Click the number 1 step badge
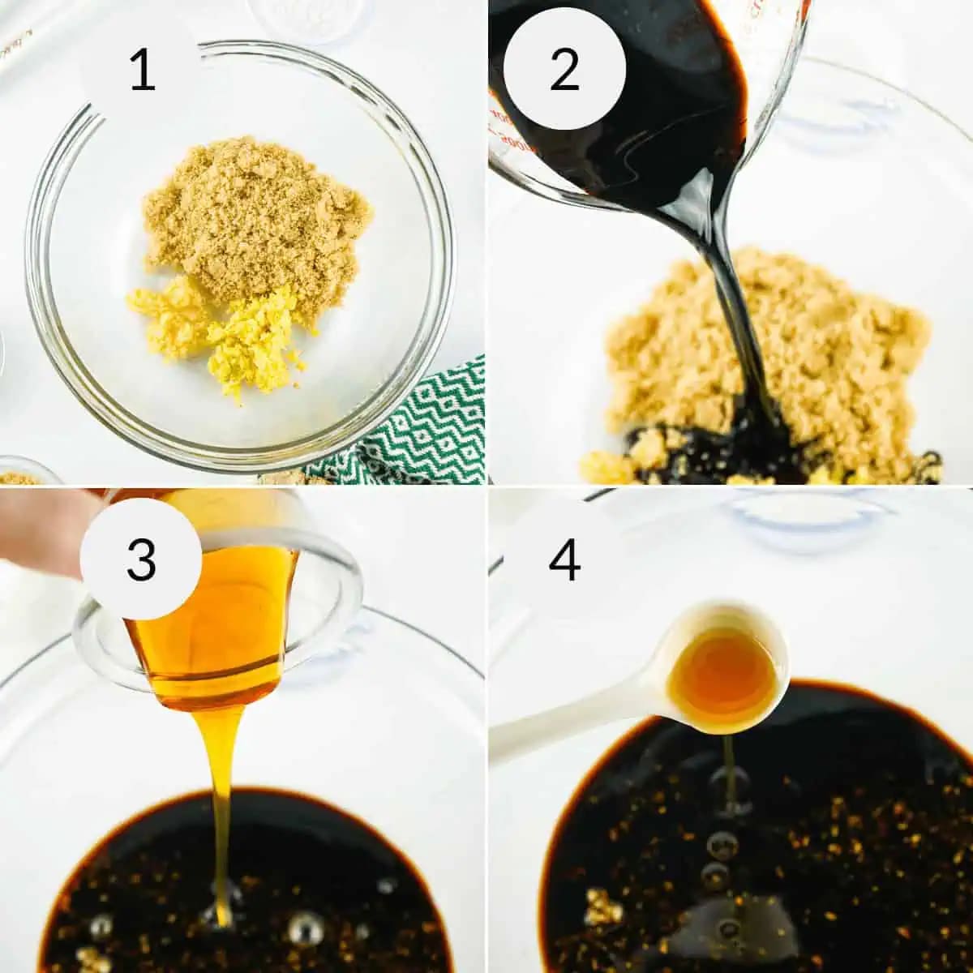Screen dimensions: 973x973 coord(142,71)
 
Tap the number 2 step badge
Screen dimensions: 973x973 coord(564,70)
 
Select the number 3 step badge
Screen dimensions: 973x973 coord(141,559)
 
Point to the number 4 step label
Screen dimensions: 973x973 coord(564,559)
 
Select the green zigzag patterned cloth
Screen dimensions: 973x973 coord(422,430)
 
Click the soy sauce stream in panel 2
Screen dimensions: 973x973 coord(730,308)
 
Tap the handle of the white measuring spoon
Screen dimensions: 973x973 coord(568,722)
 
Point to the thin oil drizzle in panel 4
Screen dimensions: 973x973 coord(729,770)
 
